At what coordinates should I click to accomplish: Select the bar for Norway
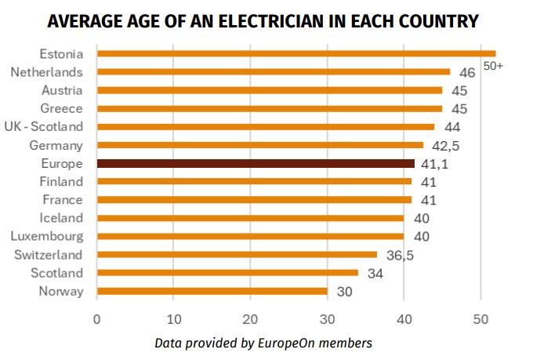(212, 291)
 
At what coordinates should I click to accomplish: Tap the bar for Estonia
(296, 53)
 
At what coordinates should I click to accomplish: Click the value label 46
(467, 73)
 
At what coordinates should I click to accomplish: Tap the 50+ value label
(493, 66)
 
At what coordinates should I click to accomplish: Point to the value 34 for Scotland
(375, 273)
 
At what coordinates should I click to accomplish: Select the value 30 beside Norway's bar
(344, 292)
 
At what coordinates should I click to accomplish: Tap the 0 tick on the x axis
(96, 319)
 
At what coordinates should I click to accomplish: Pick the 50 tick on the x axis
(480, 319)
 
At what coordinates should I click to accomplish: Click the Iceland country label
(60, 218)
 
